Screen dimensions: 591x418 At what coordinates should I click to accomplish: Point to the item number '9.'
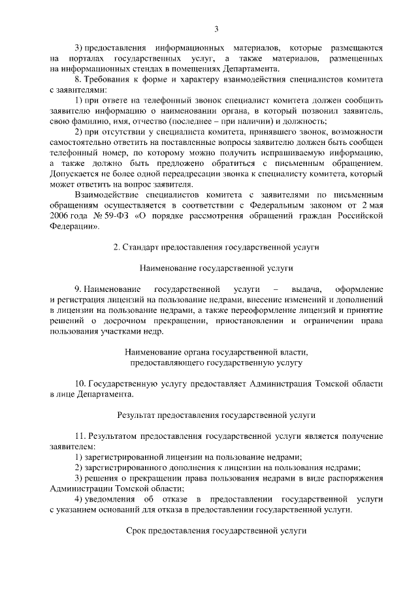[78, 289]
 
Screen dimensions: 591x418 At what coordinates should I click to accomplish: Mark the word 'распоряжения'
[356, 479]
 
